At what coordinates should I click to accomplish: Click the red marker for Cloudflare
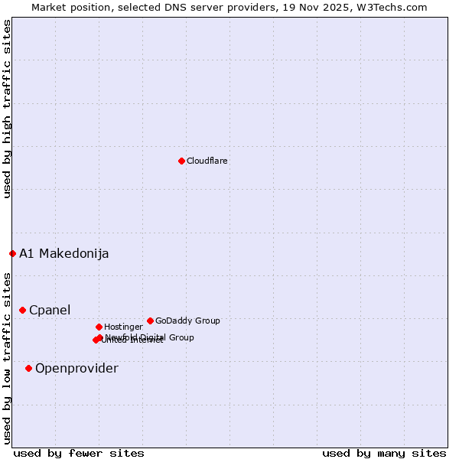click(181, 161)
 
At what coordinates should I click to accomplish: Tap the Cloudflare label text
click(207, 161)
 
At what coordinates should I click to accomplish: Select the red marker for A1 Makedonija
click(12, 253)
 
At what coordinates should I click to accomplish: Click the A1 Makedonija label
click(63, 253)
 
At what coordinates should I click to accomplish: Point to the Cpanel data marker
click(22, 310)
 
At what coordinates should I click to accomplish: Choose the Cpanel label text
click(50, 310)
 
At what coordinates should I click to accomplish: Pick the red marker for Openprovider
click(28, 368)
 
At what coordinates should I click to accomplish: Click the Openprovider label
click(76, 368)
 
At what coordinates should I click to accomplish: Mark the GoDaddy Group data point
click(150, 321)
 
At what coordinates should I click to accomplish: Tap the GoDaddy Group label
click(187, 321)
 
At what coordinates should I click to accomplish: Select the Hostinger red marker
click(99, 327)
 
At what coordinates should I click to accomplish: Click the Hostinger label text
click(123, 327)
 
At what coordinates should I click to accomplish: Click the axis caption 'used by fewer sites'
click(79, 453)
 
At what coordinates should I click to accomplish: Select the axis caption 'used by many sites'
click(384, 453)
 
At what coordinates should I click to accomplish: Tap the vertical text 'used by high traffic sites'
click(7, 109)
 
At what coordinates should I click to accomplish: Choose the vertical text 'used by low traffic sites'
click(7, 357)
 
